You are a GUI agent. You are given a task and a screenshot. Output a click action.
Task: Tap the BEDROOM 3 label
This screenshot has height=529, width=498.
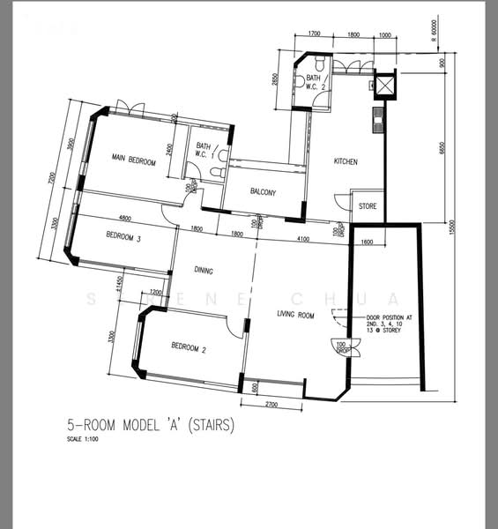click(x=123, y=235)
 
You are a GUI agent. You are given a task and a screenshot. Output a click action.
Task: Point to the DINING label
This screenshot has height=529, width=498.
click(x=204, y=271)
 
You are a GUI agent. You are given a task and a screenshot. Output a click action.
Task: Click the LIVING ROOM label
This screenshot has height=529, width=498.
click(x=296, y=315)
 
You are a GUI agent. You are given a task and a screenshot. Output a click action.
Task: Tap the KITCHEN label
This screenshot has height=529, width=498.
click(x=345, y=162)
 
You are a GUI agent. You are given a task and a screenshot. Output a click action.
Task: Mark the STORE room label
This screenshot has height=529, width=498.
click(x=367, y=206)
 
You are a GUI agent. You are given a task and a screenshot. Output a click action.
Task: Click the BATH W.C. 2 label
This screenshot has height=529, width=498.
click(x=317, y=82)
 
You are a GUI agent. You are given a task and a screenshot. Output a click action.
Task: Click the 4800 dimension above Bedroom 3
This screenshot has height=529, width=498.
click(x=125, y=218)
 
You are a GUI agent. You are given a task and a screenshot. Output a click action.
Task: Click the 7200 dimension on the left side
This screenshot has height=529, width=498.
click(x=53, y=181)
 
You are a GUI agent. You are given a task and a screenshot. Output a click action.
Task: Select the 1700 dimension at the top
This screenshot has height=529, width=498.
click(x=313, y=34)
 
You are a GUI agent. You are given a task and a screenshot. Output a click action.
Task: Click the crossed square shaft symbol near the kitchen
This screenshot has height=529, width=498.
click(x=385, y=86)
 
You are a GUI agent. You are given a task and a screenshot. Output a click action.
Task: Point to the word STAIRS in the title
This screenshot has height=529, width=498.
click(x=212, y=425)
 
